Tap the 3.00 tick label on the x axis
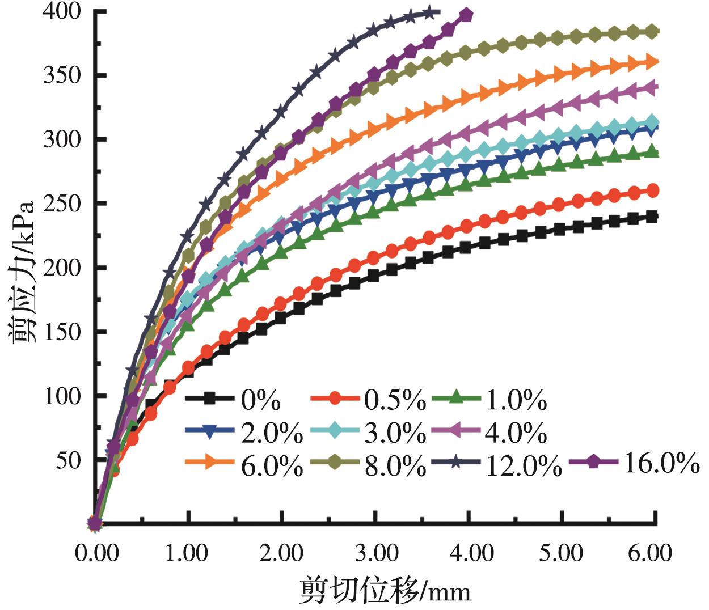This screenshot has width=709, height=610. click(375, 552)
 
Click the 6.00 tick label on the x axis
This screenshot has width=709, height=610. click(655, 552)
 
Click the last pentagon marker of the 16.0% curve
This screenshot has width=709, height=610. click(466, 15)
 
